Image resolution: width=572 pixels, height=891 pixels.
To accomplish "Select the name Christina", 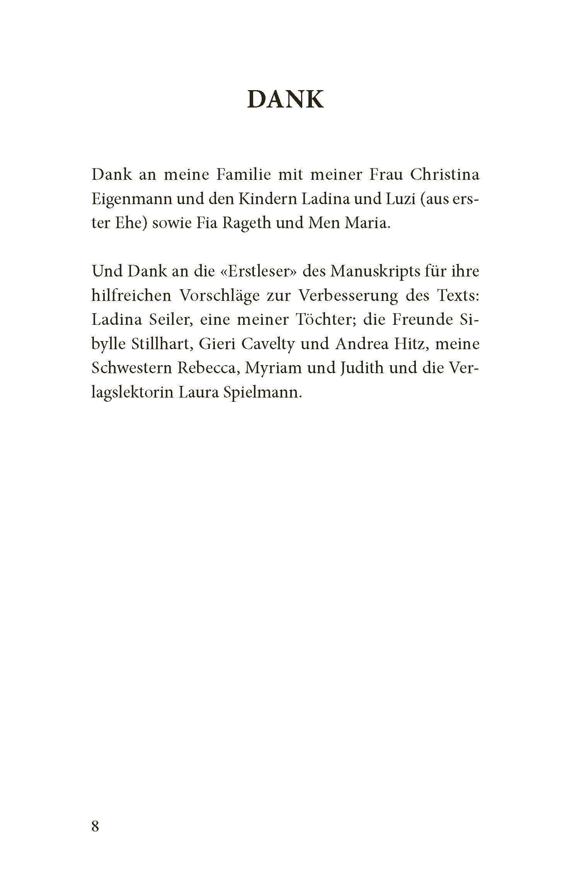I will pyautogui.click(x=444, y=175).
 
